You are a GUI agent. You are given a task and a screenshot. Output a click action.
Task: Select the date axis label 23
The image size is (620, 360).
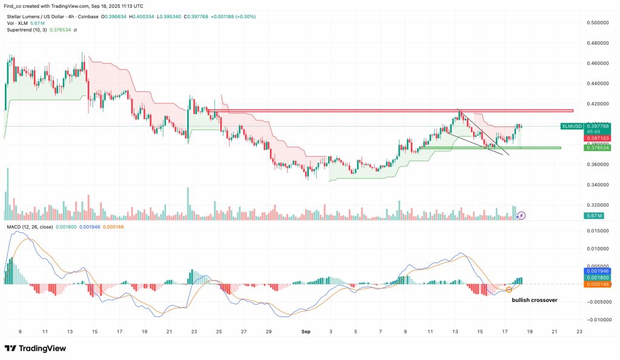coord(579,332)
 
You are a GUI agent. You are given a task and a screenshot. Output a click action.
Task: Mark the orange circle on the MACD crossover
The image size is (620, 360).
coord(509,289)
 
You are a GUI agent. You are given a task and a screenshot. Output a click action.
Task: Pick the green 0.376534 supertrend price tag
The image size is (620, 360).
coord(596,148)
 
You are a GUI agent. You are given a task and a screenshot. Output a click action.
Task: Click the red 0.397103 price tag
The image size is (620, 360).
coord(596,138)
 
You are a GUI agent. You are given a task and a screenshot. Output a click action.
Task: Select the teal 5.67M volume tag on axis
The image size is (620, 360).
coord(593,215)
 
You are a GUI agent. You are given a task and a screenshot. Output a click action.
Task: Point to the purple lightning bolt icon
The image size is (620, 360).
coord(522,215)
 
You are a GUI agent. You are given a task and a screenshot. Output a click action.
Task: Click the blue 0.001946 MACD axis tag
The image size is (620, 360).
coord(596,270)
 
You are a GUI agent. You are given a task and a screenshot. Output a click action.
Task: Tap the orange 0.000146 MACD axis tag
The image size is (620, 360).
coord(596,284)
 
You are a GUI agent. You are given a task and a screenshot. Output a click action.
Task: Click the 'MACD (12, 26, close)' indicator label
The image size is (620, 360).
coord(30,226)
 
